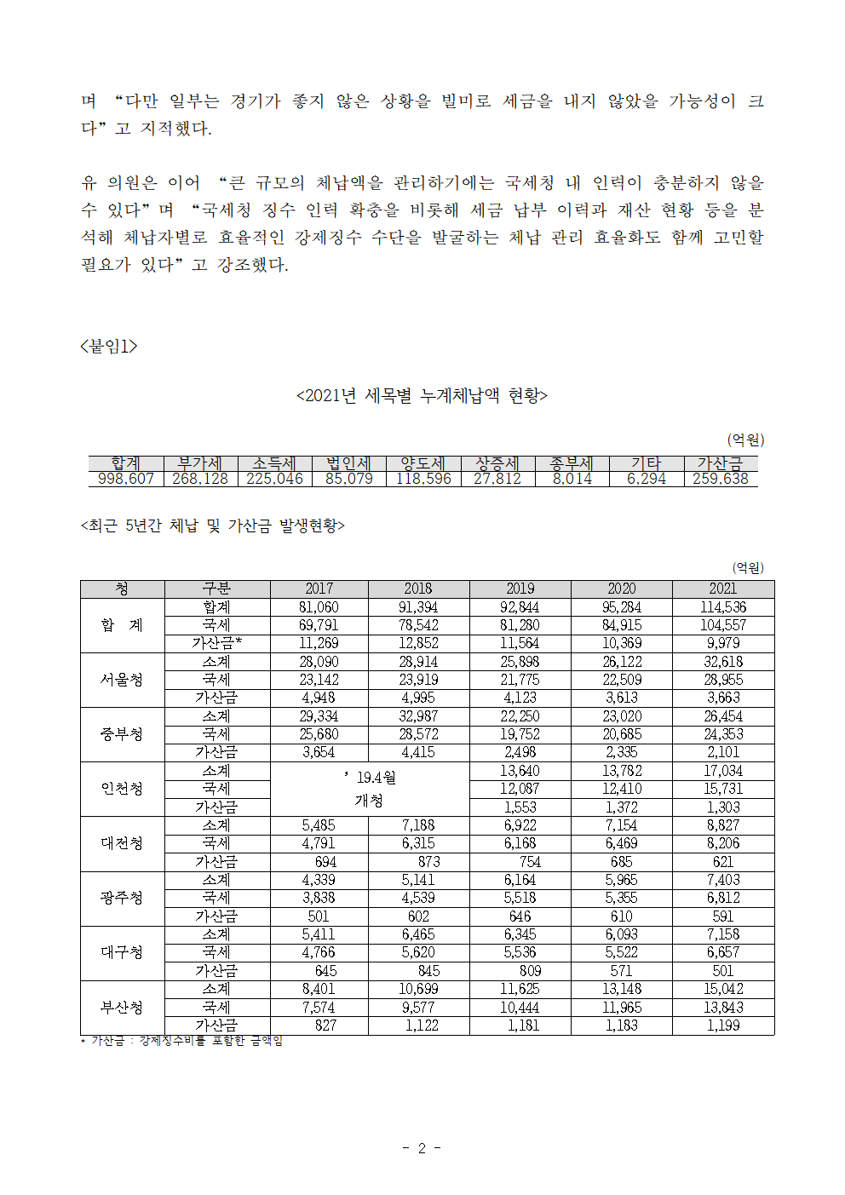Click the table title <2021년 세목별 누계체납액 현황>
[422, 395]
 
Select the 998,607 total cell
[125, 479]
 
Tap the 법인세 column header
[348, 463]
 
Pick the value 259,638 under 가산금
[720, 479]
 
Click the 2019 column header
[520, 589]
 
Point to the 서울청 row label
[122, 680]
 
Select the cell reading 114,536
[722, 607]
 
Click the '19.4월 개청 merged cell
[369, 789]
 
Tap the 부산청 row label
[122, 1008]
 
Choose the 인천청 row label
[122, 789]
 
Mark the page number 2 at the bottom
[421, 1148]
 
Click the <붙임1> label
[108, 346]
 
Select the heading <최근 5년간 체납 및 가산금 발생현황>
[212, 526]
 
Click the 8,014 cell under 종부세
[572, 479]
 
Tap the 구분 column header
[216, 589]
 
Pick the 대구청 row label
[122, 952]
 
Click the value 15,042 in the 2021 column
[722, 989]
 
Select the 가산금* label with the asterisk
[216, 643]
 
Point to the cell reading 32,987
[417, 716]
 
